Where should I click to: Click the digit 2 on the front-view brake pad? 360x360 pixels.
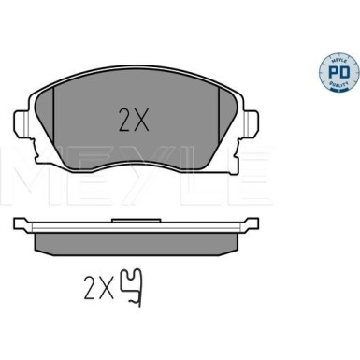124,120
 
